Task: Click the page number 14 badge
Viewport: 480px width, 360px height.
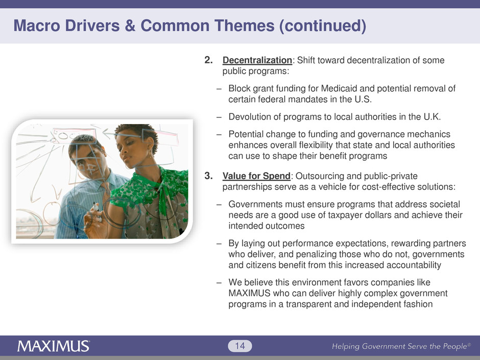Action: tap(239, 346)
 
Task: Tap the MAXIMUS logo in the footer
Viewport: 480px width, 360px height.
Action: tap(54, 346)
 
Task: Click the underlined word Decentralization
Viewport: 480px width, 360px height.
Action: tap(257, 60)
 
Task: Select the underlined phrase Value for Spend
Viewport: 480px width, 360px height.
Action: tap(256, 176)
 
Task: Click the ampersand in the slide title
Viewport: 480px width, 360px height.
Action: tap(130, 26)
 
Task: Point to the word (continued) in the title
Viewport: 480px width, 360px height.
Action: tap(323, 26)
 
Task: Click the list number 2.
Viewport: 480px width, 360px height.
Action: tap(208, 60)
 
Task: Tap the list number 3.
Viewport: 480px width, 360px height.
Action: tap(208, 176)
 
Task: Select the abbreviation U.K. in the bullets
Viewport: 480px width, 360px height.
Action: tap(432, 117)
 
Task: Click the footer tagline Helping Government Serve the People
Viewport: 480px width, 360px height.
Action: tap(401, 346)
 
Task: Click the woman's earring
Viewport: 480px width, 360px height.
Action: tap(150, 154)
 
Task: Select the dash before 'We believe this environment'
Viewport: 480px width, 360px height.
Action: tap(219, 283)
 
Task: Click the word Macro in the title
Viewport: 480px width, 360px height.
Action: tap(37, 26)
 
